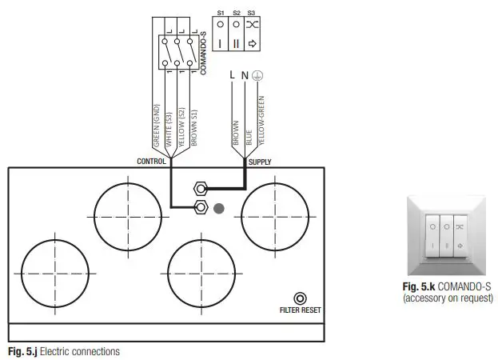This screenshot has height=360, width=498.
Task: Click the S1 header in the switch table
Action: (221, 13)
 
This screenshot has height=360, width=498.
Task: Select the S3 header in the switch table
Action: (251, 13)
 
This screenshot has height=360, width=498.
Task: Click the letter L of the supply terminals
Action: (232, 74)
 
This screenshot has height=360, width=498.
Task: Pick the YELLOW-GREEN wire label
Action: (260, 120)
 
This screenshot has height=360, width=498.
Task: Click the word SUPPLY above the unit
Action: (260, 162)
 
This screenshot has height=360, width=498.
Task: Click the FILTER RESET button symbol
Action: (300, 297)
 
